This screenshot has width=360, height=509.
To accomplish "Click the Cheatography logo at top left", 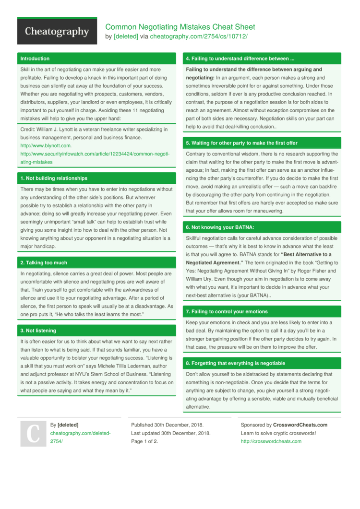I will click(57, 32).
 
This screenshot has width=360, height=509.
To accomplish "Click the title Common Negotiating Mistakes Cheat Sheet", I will click(180, 27).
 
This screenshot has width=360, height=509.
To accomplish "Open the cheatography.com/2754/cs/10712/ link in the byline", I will click(199, 36).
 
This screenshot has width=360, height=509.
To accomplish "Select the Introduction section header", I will click(35, 59).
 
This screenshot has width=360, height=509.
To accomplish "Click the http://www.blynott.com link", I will click(46, 145).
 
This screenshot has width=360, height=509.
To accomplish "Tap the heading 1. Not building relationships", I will click(54, 178).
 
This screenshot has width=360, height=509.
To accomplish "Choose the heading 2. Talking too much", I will click(44, 262).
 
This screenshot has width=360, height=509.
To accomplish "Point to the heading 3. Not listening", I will click(38, 331).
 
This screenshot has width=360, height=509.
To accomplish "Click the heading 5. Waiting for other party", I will click(241, 143).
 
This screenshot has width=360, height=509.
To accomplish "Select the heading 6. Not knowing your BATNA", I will click(220, 227).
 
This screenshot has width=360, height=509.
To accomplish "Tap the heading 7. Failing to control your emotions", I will click(227, 311).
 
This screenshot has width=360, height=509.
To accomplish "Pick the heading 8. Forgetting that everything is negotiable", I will click(235, 363).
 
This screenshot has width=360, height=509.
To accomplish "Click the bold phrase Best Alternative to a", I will click(307, 254).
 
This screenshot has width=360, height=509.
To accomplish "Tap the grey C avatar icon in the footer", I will click(32, 433).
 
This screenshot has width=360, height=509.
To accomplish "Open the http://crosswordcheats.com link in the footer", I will click(271, 441).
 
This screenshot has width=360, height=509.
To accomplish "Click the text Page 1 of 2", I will click(144, 441).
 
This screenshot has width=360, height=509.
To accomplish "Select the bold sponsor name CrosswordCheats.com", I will click(300, 425).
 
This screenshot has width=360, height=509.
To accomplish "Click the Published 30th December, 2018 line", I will click(167, 425).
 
